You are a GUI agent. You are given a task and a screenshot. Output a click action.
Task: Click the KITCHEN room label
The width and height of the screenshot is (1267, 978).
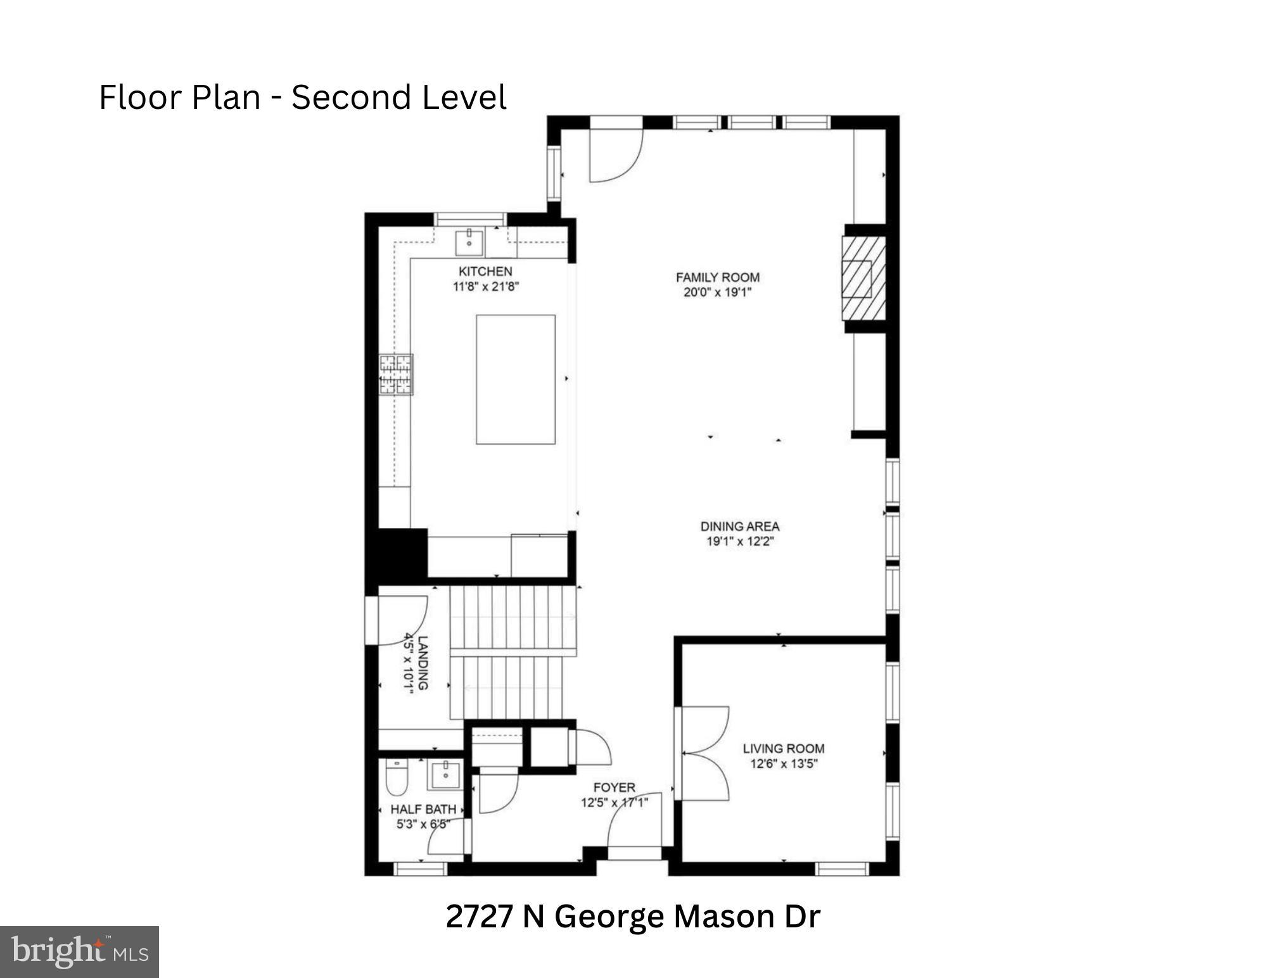click(485, 272)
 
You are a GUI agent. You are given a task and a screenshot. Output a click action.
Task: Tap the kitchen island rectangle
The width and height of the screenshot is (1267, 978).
click(515, 379)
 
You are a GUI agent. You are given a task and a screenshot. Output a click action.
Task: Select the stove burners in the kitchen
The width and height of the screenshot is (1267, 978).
click(396, 375)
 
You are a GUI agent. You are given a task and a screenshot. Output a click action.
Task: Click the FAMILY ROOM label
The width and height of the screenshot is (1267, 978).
click(717, 277)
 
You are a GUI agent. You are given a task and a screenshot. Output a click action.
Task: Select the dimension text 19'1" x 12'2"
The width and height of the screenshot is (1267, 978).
click(740, 541)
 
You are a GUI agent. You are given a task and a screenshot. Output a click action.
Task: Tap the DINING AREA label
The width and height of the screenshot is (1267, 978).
click(739, 526)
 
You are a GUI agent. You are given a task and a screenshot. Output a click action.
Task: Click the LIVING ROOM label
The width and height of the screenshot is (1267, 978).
click(784, 749)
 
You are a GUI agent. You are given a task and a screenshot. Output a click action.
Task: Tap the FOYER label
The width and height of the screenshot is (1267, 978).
click(614, 787)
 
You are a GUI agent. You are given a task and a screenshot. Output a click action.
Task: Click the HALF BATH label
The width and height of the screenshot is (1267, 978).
click(423, 809)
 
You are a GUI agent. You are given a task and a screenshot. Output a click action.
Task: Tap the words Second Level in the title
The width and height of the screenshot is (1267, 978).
click(398, 98)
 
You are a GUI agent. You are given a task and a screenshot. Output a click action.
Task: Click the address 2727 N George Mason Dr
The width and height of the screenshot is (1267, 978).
click(632, 917)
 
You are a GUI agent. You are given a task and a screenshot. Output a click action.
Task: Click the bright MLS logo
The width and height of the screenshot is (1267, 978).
click(79, 951)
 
